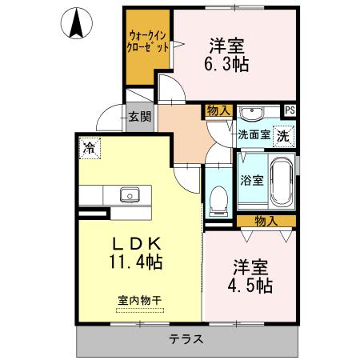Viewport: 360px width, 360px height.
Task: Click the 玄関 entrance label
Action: click(139, 117)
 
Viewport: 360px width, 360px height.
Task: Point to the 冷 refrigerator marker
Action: click(87, 147)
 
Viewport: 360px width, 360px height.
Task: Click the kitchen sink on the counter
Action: click(130, 194)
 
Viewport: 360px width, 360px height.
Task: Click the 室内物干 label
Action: click(139, 301)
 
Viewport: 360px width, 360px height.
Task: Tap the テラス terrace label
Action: click(186, 339)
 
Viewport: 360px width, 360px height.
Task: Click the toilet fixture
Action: click(217, 201)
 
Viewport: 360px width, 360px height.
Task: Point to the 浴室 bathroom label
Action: click(252, 181)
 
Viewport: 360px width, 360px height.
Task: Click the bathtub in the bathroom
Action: click(281, 181)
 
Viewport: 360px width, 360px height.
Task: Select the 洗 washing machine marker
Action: click(284, 136)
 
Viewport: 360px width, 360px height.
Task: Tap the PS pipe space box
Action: click(290, 110)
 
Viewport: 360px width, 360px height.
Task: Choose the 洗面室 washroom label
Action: click(253, 136)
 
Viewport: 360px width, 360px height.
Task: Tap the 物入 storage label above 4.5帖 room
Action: click(266, 220)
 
